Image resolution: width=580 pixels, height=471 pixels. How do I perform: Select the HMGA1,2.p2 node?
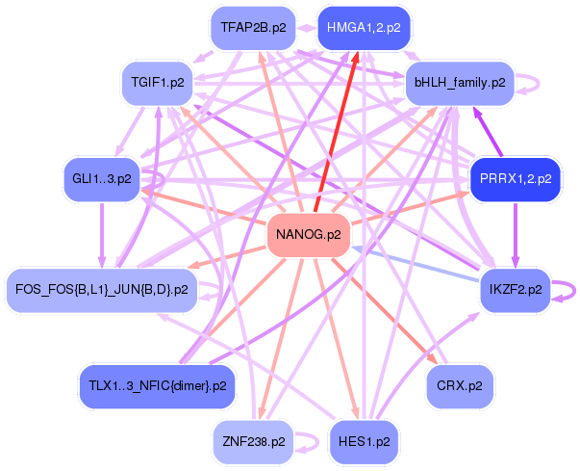point(364,27)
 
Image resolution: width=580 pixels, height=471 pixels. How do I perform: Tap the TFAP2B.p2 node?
point(253,27)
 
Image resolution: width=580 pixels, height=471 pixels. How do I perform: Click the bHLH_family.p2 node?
point(460,83)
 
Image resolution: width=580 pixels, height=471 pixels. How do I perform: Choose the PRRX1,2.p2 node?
point(515,179)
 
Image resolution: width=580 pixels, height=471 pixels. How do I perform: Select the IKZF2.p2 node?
point(515,288)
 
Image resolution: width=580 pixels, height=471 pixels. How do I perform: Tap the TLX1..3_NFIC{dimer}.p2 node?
point(156,386)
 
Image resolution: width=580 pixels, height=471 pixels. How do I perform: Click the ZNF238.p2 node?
point(252,442)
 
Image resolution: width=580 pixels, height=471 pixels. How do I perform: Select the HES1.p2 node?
point(364,442)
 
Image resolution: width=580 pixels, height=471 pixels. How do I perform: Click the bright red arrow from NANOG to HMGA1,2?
point(336,131)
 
